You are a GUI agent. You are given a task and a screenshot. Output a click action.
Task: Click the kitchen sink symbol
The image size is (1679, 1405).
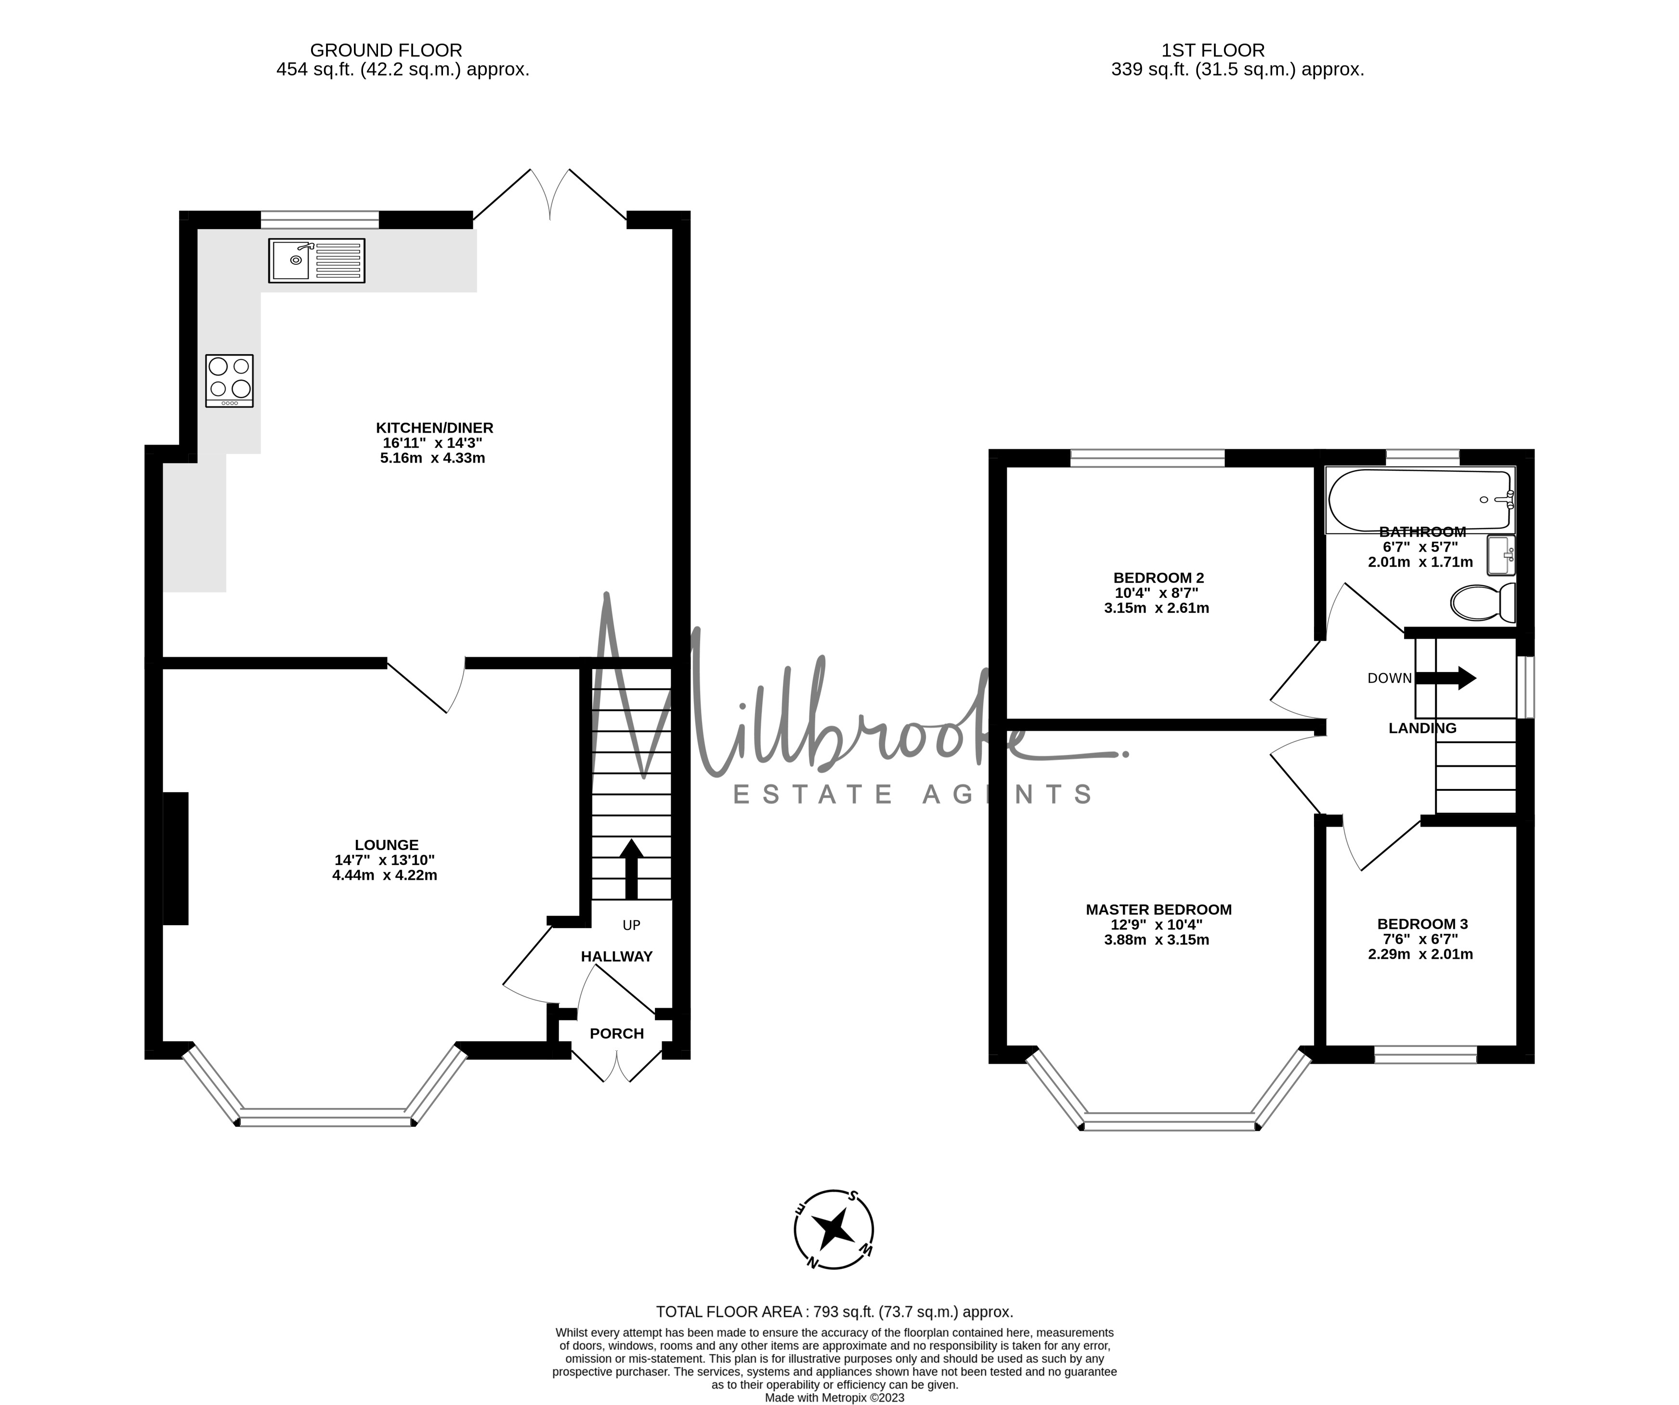317,260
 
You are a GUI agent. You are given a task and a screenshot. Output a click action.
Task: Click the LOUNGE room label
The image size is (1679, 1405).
386,845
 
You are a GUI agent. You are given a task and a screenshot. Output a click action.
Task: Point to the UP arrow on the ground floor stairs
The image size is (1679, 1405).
632,870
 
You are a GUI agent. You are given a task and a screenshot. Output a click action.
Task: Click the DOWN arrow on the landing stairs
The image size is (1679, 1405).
1445,679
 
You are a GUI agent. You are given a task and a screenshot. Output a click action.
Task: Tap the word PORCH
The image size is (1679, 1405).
616,1033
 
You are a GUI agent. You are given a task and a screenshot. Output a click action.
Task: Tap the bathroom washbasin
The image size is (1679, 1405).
1501,554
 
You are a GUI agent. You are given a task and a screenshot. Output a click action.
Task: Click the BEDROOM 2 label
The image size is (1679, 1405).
1158,578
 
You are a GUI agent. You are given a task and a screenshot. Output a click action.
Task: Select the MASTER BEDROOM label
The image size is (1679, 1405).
1158,910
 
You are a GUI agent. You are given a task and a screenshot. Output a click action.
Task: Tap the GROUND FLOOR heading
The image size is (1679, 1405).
386,51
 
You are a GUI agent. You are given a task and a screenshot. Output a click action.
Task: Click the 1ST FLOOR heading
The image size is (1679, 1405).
1213,51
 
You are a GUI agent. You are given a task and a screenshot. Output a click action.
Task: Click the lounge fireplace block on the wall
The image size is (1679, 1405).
176,858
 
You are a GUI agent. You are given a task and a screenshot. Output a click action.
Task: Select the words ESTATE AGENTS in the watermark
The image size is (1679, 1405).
913,794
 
